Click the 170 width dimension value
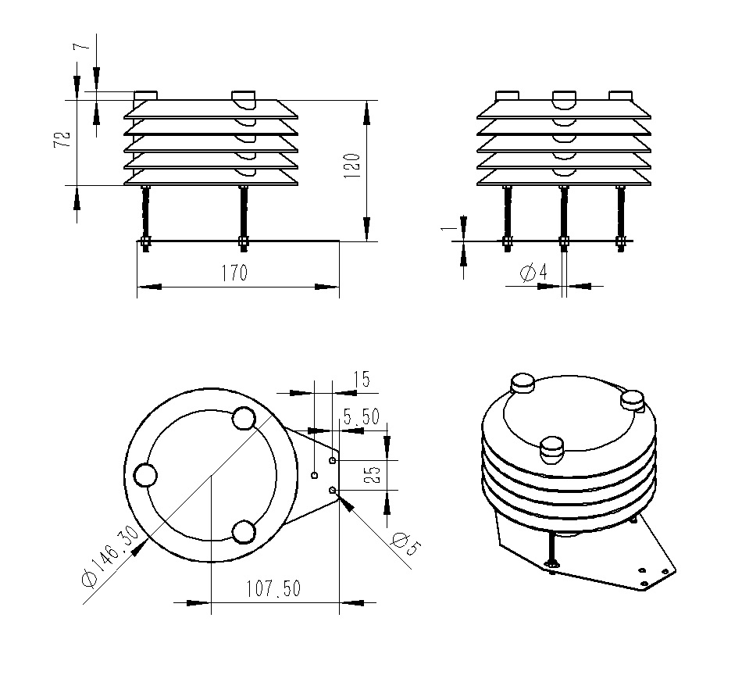[x=234, y=273]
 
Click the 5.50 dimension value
[x=361, y=418]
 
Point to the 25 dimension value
[x=373, y=475]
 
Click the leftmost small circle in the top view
[x=146, y=475]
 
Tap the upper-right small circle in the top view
[x=244, y=419]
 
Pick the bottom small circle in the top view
[x=244, y=533]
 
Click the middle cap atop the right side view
[x=564, y=98]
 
